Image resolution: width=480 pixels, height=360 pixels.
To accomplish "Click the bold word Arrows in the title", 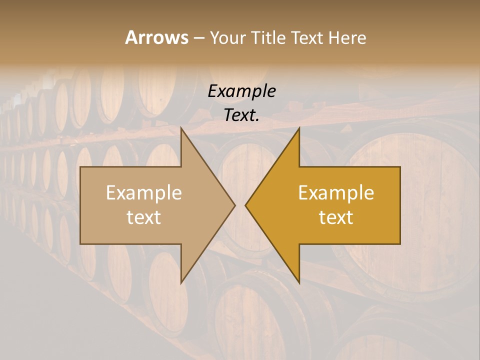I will coord(156,37).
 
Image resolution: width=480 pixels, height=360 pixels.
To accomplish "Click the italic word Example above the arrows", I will coord(241,91).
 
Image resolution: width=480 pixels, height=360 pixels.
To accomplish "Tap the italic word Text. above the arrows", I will coord(241,115).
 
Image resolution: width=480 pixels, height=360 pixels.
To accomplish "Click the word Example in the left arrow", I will coord(144,193).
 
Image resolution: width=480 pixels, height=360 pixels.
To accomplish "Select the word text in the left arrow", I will coord(144,217).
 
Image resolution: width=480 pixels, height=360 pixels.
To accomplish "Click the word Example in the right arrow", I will coord(336,193).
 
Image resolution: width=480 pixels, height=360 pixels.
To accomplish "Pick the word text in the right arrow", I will coord(336,217).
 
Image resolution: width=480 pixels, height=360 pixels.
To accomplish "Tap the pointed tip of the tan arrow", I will coord(234,205).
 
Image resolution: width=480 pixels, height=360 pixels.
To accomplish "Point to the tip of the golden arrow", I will coord(246,205).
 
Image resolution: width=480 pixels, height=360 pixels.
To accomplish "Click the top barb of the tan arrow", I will coord(181,128).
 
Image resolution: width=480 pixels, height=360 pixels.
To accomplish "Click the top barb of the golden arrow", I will coord(299,128).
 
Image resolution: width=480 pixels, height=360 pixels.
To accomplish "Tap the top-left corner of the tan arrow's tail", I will coord(81,167).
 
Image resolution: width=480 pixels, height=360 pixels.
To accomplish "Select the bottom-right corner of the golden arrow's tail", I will coord(399,243).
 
